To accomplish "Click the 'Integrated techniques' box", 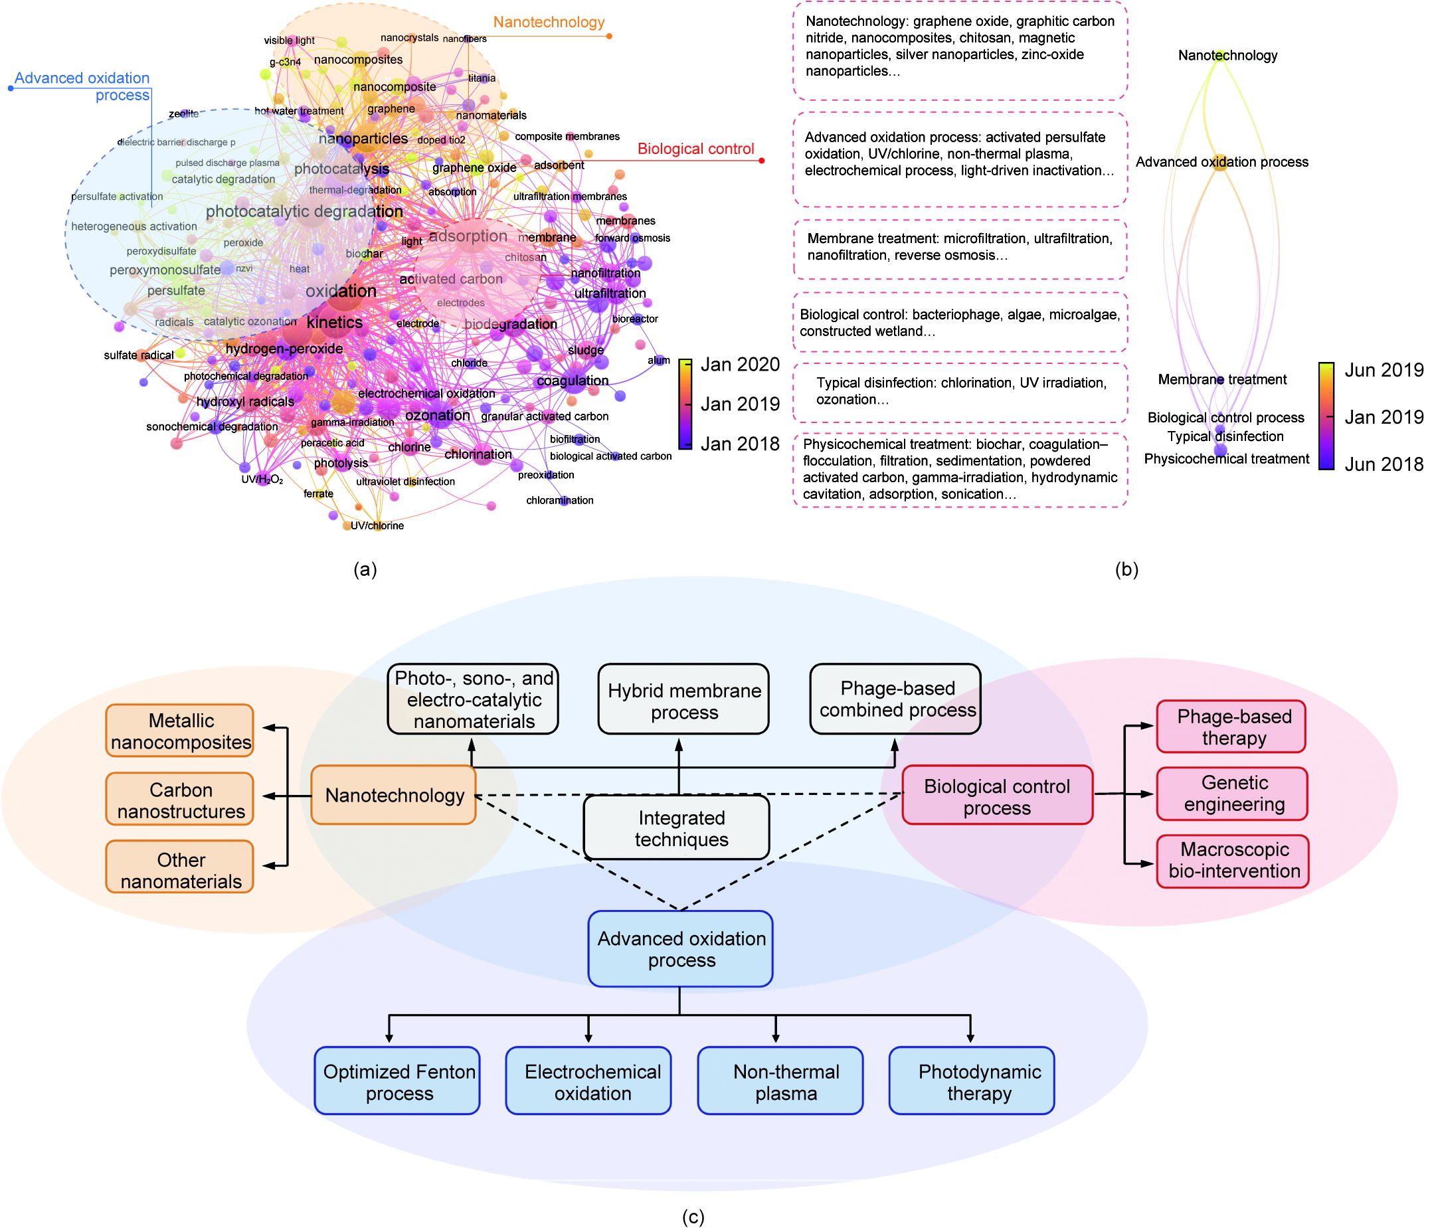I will click(x=676, y=828).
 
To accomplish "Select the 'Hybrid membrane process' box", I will click(x=683, y=700).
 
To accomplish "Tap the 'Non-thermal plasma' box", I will click(x=780, y=1082).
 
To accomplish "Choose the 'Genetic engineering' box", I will click(x=1232, y=794).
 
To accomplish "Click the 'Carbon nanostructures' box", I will click(x=179, y=800).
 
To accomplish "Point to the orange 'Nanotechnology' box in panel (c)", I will click(x=393, y=795).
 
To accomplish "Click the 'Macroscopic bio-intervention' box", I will click(x=1233, y=861).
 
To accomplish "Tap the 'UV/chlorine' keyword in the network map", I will click(x=377, y=526).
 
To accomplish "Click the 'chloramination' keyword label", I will click(x=560, y=500).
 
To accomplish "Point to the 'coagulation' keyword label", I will click(x=573, y=381).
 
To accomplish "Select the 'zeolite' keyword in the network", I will click(x=183, y=114).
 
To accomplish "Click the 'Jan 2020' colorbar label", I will click(x=740, y=365).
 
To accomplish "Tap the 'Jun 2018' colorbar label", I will click(x=1384, y=464).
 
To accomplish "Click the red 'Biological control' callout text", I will click(x=695, y=149).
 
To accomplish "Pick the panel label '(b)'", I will click(x=1126, y=569).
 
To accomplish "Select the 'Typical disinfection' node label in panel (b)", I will click(x=1225, y=436).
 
